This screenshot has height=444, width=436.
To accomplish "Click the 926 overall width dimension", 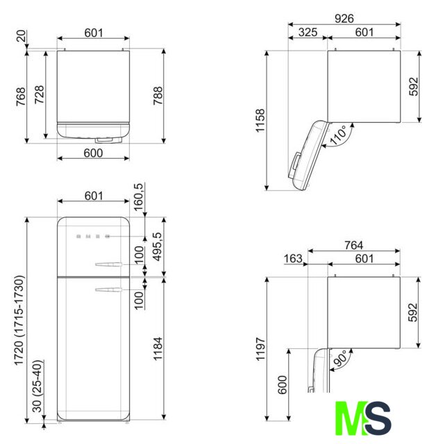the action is click(344, 19).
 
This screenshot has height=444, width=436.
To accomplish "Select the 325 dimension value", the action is click(308, 33).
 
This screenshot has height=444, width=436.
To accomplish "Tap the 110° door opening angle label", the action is click(338, 135).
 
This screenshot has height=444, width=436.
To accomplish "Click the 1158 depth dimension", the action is click(260, 121).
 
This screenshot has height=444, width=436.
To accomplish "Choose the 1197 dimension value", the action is click(260, 349).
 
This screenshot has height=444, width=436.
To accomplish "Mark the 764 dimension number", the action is click(353, 245).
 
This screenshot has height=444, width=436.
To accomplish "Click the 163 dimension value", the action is click(293, 259).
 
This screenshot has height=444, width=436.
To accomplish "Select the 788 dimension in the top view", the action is click(158, 96).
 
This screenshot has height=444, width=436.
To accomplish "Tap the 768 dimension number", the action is click(21, 97).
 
